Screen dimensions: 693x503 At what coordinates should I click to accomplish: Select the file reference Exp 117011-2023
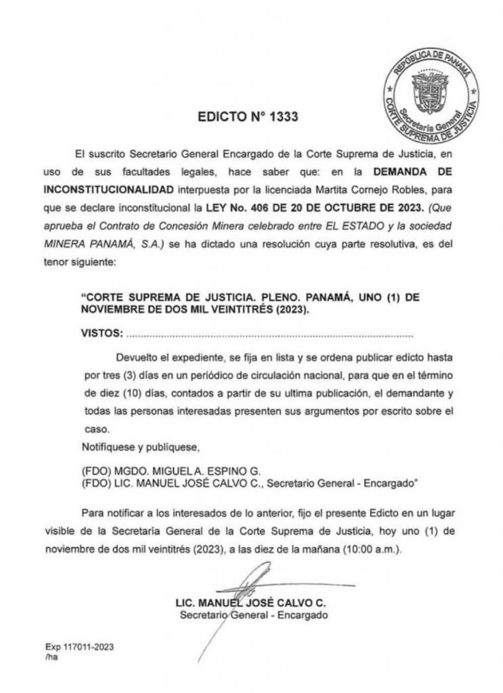click(79, 646)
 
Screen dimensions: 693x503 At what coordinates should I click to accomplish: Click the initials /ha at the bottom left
click(51, 656)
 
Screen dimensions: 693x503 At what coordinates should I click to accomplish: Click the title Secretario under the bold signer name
click(204, 616)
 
